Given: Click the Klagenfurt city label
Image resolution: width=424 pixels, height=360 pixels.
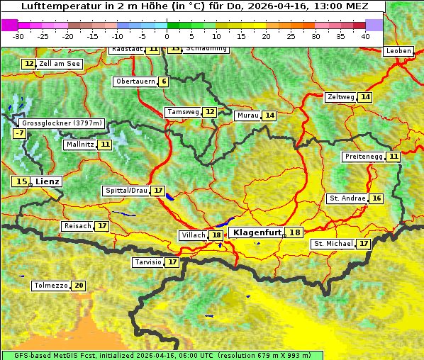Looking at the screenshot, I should point(257,232).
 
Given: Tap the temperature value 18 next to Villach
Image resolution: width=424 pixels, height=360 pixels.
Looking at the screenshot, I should point(216,235).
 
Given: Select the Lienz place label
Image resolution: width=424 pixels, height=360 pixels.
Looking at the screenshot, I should point(48,181).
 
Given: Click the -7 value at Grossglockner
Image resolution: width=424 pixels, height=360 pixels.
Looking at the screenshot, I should point(19,133).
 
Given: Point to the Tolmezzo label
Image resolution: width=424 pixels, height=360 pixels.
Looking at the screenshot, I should point(50,286).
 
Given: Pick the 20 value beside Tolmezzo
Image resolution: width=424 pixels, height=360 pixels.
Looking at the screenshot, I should point(78,286).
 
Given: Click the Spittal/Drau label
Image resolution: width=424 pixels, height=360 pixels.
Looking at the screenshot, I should point(126,191).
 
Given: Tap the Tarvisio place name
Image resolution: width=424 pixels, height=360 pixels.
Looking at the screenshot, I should point(148,262).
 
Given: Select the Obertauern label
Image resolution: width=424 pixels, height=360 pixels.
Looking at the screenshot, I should point(135,81).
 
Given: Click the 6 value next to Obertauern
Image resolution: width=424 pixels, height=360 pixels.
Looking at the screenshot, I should point(164,81).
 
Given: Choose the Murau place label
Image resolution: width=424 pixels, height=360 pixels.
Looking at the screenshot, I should point(247,116).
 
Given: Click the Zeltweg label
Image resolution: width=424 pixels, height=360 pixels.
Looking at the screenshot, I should point(340,97).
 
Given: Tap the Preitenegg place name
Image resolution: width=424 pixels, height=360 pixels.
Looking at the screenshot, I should point(364,156).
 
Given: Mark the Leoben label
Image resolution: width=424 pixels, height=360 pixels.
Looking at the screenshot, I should point(398,51).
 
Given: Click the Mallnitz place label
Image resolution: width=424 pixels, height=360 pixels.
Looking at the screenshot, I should point(79,145).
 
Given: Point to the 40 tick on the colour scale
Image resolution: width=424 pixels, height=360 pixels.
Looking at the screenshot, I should point(365,35).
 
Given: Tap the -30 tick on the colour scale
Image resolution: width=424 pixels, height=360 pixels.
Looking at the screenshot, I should point(18,35).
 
